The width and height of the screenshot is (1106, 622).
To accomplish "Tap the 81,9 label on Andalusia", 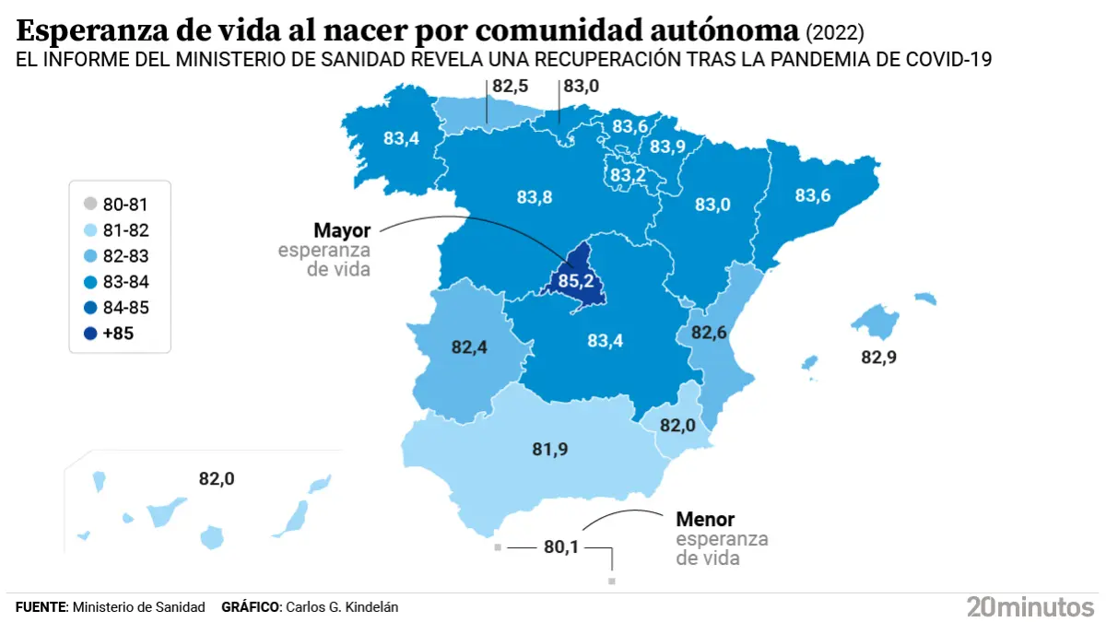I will click(x=550, y=449).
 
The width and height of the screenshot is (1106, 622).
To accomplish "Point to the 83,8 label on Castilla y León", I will click(x=534, y=196).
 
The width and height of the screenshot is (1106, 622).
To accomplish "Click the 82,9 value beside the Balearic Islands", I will click(x=878, y=357).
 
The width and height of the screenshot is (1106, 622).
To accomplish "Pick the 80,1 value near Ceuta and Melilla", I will click(x=560, y=546).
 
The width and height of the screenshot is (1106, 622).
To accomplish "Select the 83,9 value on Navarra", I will click(x=666, y=147).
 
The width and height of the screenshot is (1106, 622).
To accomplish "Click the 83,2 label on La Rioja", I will click(x=627, y=174).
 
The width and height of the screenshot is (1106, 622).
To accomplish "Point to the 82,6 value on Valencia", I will click(x=709, y=332).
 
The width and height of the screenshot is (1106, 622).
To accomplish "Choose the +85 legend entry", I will click(x=118, y=334).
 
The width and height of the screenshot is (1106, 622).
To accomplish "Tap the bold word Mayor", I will click(x=341, y=230).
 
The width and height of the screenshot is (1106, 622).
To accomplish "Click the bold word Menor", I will click(x=705, y=520).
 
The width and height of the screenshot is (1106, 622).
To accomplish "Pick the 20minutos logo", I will click(x=1030, y=606).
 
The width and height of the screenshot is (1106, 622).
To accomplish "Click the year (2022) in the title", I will click(x=835, y=33).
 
